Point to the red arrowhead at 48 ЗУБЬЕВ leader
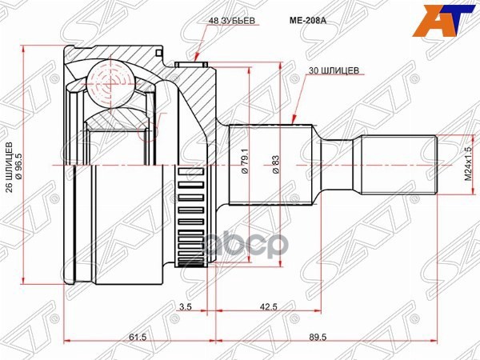pyautogui.click(x=196, y=58)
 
